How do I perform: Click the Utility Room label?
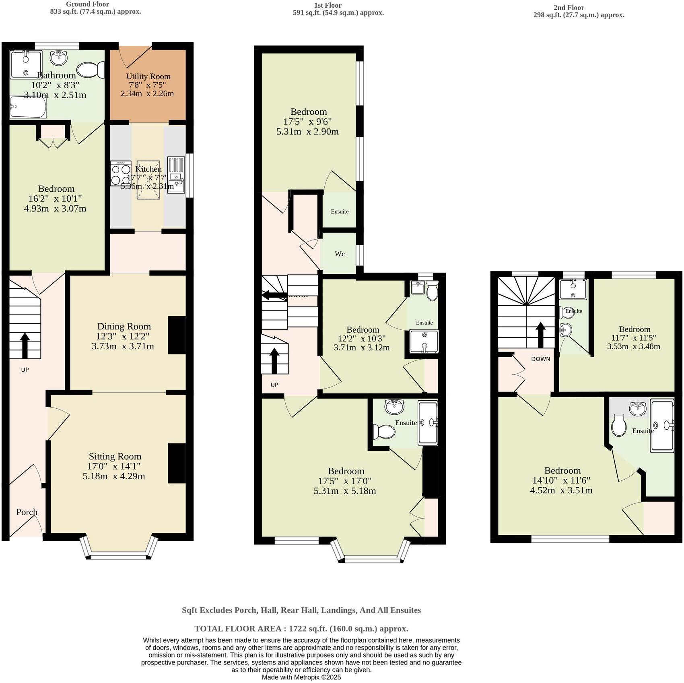pyautogui.click(x=148, y=77)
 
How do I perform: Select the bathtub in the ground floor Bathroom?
pyautogui.click(x=28, y=107)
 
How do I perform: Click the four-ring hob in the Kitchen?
pyautogui.click(x=121, y=174)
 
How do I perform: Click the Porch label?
pyautogui.click(x=27, y=512)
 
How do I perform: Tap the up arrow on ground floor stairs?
pyautogui.click(x=25, y=346)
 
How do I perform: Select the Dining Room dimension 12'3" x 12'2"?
pyautogui.click(x=124, y=336)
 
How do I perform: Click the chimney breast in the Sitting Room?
pyautogui.click(x=177, y=463)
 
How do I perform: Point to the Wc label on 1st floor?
pyautogui.click(x=340, y=254)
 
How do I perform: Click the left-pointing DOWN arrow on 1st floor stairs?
pyautogui.click(x=274, y=295)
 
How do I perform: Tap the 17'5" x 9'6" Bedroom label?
pyautogui.click(x=308, y=112)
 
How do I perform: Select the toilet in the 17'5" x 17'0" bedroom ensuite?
pyautogui.click(x=383, y=432)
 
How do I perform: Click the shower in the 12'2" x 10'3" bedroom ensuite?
pyautogui.click(x=424, y=341)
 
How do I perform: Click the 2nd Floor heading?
pyautogui.click(x=569, y=7)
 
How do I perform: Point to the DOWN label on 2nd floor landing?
pyautogui.click(x=540, y=359)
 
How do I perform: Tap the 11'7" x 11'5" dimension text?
pyautogui.click(x=634, y=338)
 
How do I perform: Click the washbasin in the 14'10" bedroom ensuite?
pyautogui.click(x=638, y=409)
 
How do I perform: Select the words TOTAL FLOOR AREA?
pyautogui.click(x=240, y=629)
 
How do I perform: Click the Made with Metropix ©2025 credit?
pyautogui.click(x=301, y=677)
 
